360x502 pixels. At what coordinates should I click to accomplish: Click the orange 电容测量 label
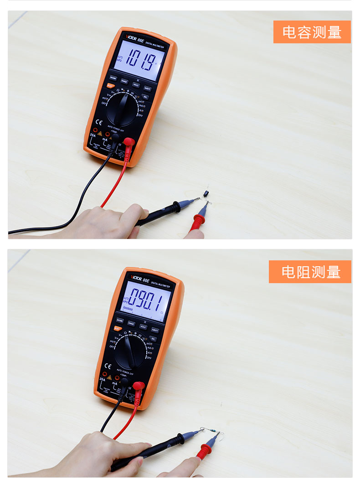pyautogui.click(x=312, y=32)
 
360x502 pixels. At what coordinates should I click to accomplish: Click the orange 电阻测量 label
pyautogui.click(x=310, y=272)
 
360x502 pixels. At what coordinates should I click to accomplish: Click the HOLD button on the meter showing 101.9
pyautogui.click(x=136, y=84)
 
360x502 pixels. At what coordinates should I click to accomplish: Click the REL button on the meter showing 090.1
pyautogui.click(x=153, y=339)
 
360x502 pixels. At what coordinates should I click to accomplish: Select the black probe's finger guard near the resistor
pyautogui.click(x=180, y=439)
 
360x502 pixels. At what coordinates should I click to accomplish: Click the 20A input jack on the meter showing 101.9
pyautogui.click(x=95, y=130)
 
